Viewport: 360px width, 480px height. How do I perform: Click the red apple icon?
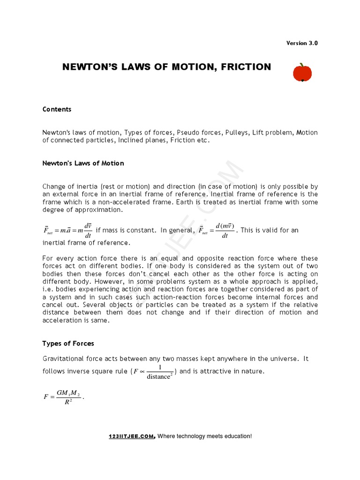tap(302, 73)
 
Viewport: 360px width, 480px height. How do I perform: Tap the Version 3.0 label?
tap(302, 43)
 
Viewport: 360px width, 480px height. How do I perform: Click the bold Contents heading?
tap(57, 109)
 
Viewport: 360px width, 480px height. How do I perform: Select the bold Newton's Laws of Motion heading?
tap(83, 163)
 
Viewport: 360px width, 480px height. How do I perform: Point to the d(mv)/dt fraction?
tap(225, 231)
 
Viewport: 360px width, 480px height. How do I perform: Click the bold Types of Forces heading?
tap(68, 344)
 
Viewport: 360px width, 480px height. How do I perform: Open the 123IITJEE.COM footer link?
tap(131, 436)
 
